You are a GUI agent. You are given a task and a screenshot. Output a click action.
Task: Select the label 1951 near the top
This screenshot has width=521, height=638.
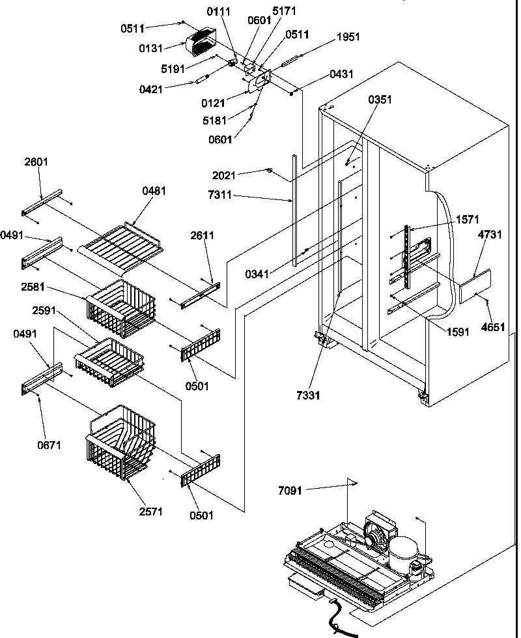tap(348, 37)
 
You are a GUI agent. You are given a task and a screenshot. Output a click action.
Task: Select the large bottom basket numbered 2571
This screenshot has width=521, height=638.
tap(120, 443)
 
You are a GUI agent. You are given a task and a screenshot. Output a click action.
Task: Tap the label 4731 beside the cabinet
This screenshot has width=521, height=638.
tap(490, 235)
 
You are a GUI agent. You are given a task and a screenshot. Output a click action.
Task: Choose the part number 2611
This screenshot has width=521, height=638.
tap(203, 235)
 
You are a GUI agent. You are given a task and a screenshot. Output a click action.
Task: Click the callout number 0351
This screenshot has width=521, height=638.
tap(380, 100)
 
